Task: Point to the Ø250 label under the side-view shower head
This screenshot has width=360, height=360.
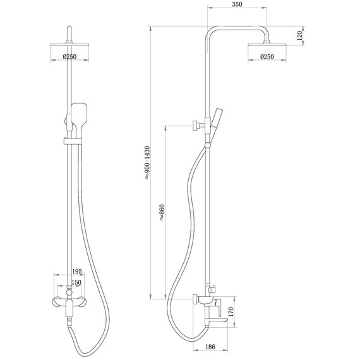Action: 268,57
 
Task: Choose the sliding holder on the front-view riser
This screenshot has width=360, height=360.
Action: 68,140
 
